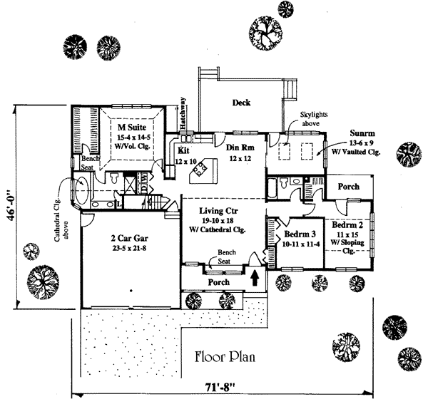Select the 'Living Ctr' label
tap(218, 211)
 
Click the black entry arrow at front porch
tap(255, 276)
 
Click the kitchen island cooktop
tap(203, 169)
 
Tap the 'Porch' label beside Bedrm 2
tap(348, 187)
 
